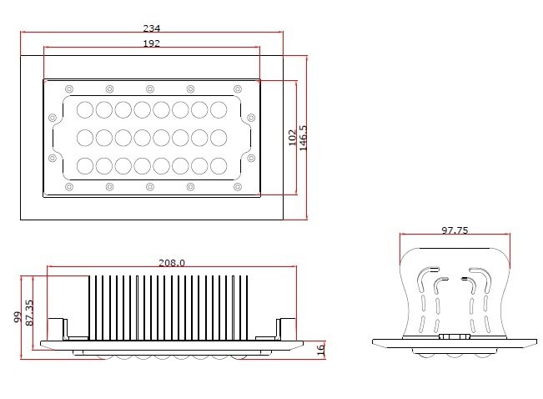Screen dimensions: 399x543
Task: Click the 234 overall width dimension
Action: (x=151, y=28)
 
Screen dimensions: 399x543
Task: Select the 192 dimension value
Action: (x=151, y=43)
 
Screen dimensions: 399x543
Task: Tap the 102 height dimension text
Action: (x=291, y=138)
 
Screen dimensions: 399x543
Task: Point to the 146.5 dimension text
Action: (x=303, y=138)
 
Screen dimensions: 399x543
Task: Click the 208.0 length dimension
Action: (x=172, y=262)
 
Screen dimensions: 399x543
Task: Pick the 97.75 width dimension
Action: (x=455, y=230)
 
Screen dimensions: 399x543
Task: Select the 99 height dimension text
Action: (x=16, y=318)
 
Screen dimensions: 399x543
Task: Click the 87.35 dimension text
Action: (x=30, y=313)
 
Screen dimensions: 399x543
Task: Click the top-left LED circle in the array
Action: (x=85, y=109)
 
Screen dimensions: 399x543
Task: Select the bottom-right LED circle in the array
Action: (x=219, y=164)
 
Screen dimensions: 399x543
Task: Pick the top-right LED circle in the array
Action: (x=219, y=109)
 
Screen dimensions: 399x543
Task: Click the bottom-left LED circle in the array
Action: (x=85, y=164)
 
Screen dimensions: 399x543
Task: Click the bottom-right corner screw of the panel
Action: (x=236, y=186)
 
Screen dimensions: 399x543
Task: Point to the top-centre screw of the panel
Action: (x=150, y=88)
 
